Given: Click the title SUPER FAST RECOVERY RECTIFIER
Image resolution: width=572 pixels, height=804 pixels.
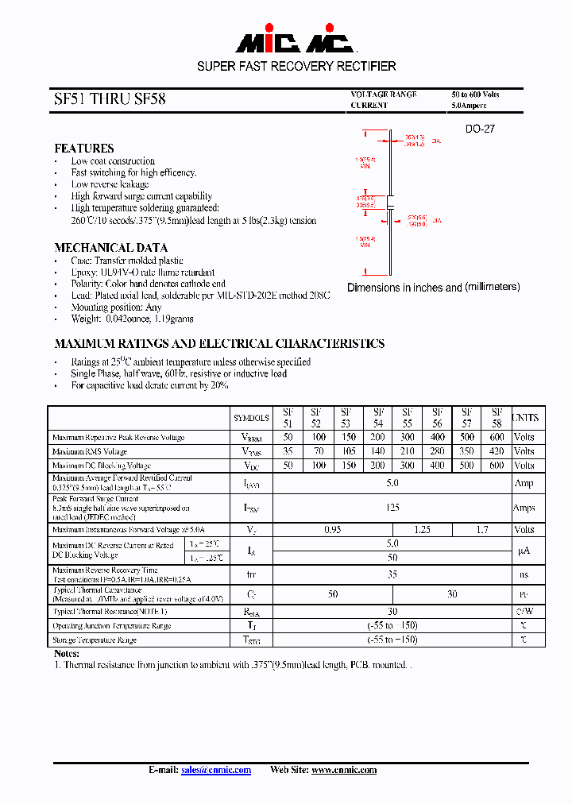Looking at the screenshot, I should point(296,67).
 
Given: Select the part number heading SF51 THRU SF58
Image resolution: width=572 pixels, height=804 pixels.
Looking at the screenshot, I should point(110,100).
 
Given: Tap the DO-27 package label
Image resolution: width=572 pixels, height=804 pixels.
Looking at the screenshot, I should point(480,128).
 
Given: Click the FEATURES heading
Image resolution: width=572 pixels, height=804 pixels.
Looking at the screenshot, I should point(83,149).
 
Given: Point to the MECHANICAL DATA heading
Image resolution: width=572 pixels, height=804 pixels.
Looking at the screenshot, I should point(110,248).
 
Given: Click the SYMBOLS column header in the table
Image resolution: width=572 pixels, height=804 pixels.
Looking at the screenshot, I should point(251,418).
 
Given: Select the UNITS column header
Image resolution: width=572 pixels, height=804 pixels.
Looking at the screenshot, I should point(524,418).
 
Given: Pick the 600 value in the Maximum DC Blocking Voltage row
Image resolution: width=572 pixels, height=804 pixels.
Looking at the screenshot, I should point(497,466).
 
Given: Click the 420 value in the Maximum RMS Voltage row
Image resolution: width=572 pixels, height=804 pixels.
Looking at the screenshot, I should point(497,451).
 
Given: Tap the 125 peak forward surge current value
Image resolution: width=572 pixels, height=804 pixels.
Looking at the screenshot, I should point(392,507).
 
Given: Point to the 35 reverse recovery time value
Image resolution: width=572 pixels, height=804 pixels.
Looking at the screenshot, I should point(392,574).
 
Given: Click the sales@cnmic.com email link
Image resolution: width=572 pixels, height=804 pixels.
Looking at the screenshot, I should point(216,770).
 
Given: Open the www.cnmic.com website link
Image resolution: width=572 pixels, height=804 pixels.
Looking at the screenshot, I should point(344,770).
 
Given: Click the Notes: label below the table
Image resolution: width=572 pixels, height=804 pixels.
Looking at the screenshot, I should point(67,653).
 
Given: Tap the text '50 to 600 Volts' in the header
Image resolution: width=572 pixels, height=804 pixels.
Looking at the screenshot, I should point(476,95).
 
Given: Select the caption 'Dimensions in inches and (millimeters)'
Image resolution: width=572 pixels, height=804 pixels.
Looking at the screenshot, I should point(434,288).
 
